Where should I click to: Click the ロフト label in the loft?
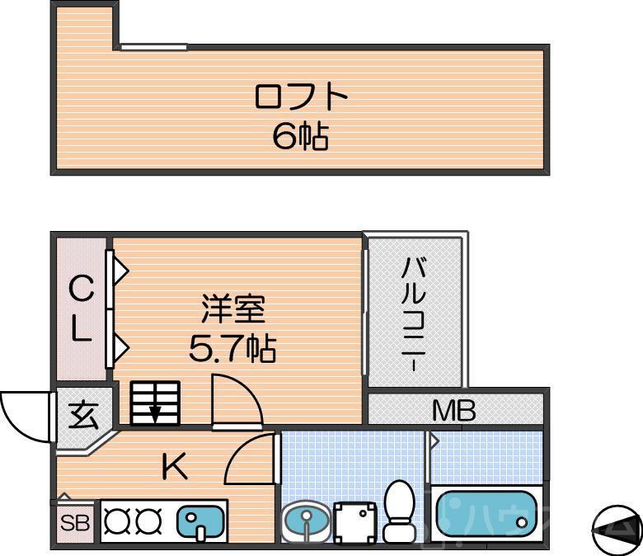(301, 98)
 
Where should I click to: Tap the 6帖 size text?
(301, 137)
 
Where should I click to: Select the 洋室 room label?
(232, 311)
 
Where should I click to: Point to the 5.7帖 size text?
(232, 350)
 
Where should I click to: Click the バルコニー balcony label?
(415, 314)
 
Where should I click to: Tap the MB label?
(454, 410)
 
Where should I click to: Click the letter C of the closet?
(80, 290)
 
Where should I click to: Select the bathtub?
(486, 515)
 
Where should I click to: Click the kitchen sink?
(200, 521)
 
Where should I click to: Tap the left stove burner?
(118, 521)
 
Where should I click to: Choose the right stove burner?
(148, 521)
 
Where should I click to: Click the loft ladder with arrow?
(154, 403)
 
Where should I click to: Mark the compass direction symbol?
(616, 529)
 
